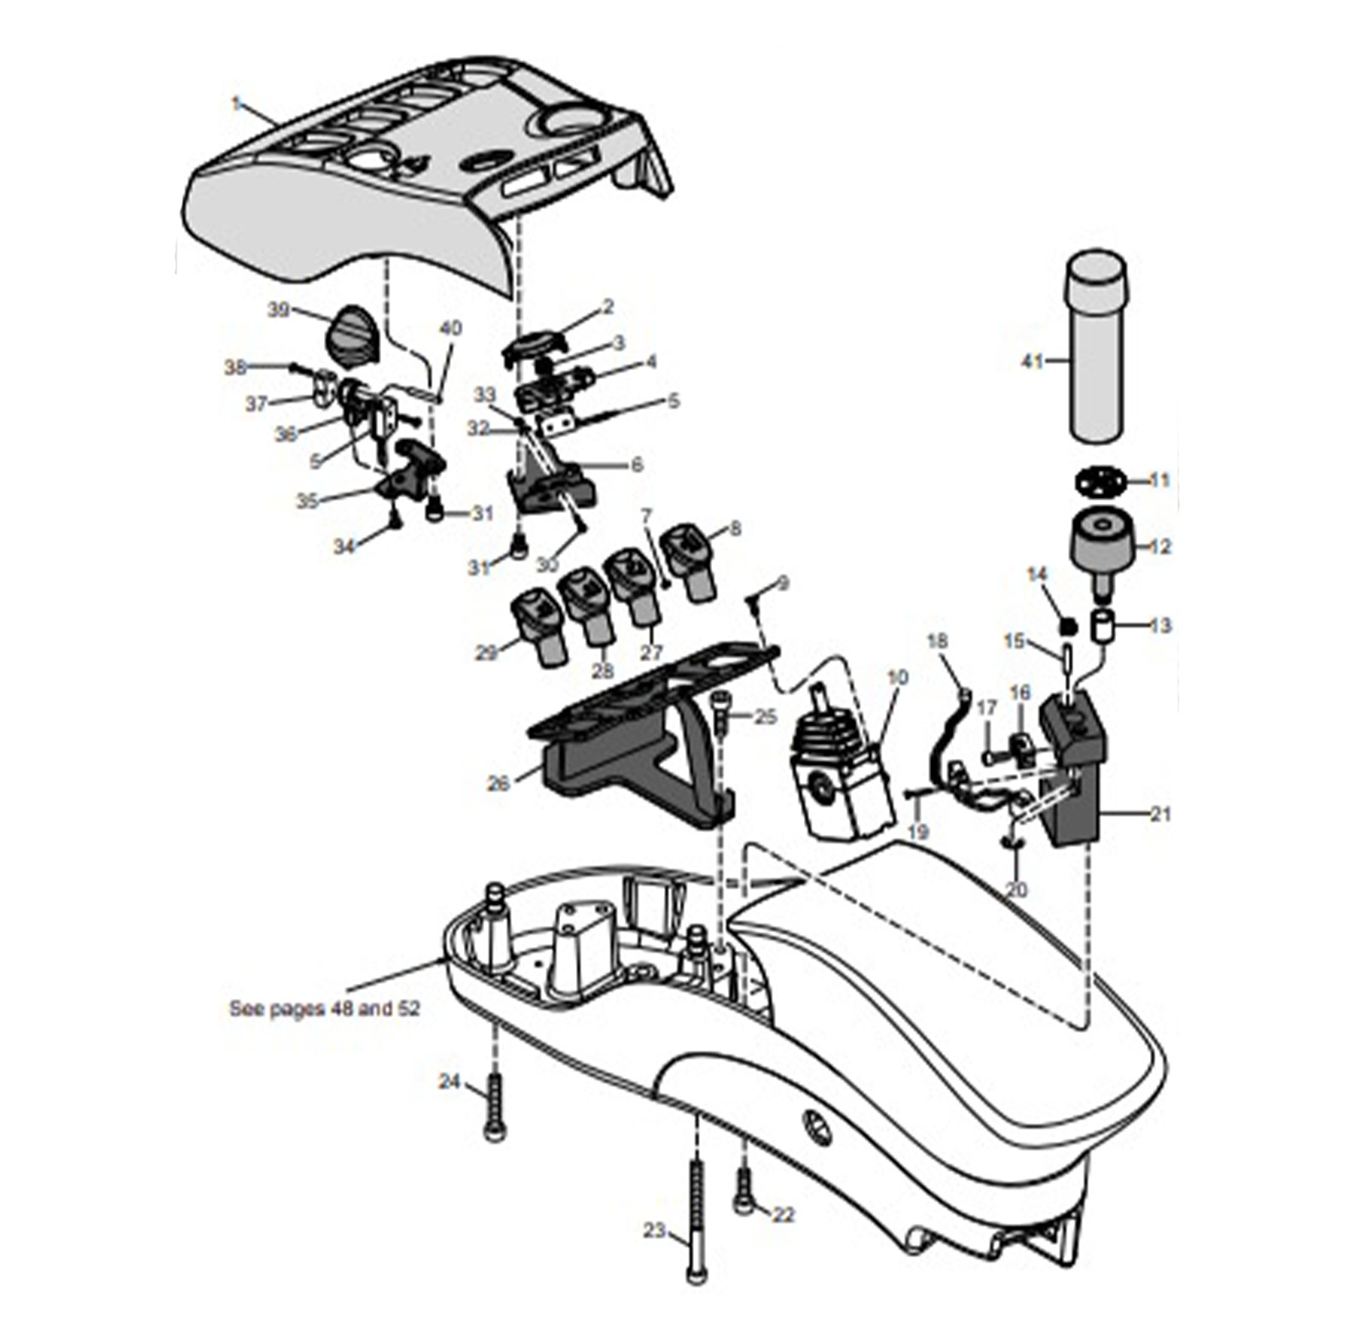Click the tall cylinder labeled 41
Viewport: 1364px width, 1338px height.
[x=1095, y=350]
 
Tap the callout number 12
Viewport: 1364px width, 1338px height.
[x=1160, y=547]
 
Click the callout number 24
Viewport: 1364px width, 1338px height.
[x=449, y=1081]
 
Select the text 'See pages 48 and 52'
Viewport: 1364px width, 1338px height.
[x=325, y=1008]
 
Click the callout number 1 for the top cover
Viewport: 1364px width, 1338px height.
[x=236, y=103]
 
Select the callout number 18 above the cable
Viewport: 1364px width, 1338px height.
[x=937, y=640]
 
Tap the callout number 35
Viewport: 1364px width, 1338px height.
[x=306, y=501]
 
